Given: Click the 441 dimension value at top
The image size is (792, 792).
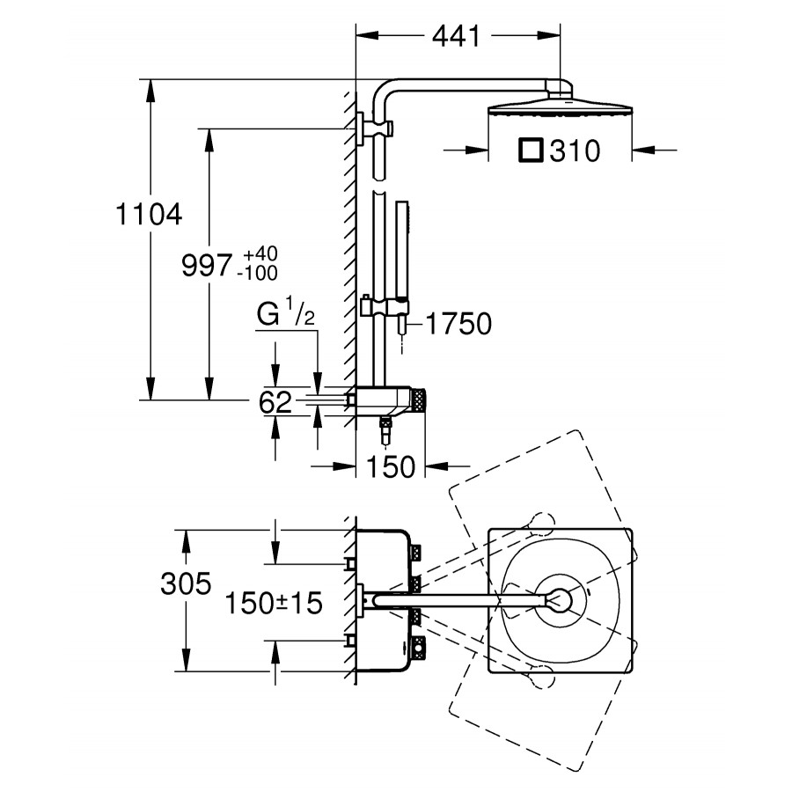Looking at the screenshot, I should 456,37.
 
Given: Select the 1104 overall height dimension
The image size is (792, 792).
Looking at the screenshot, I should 148,214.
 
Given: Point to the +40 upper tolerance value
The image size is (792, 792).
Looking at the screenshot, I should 260,254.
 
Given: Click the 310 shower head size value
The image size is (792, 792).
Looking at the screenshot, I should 575,151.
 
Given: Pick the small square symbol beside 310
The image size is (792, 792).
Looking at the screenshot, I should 532,150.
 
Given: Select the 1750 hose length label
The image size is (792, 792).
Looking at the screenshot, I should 458,325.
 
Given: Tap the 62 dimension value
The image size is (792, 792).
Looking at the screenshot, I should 275,404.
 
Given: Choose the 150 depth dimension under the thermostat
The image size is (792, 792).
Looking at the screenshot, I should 389,467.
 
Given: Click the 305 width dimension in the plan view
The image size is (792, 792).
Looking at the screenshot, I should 186,583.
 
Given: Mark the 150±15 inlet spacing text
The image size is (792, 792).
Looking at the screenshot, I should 273,603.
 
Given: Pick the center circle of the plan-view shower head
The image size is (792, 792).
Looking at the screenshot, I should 559,601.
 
